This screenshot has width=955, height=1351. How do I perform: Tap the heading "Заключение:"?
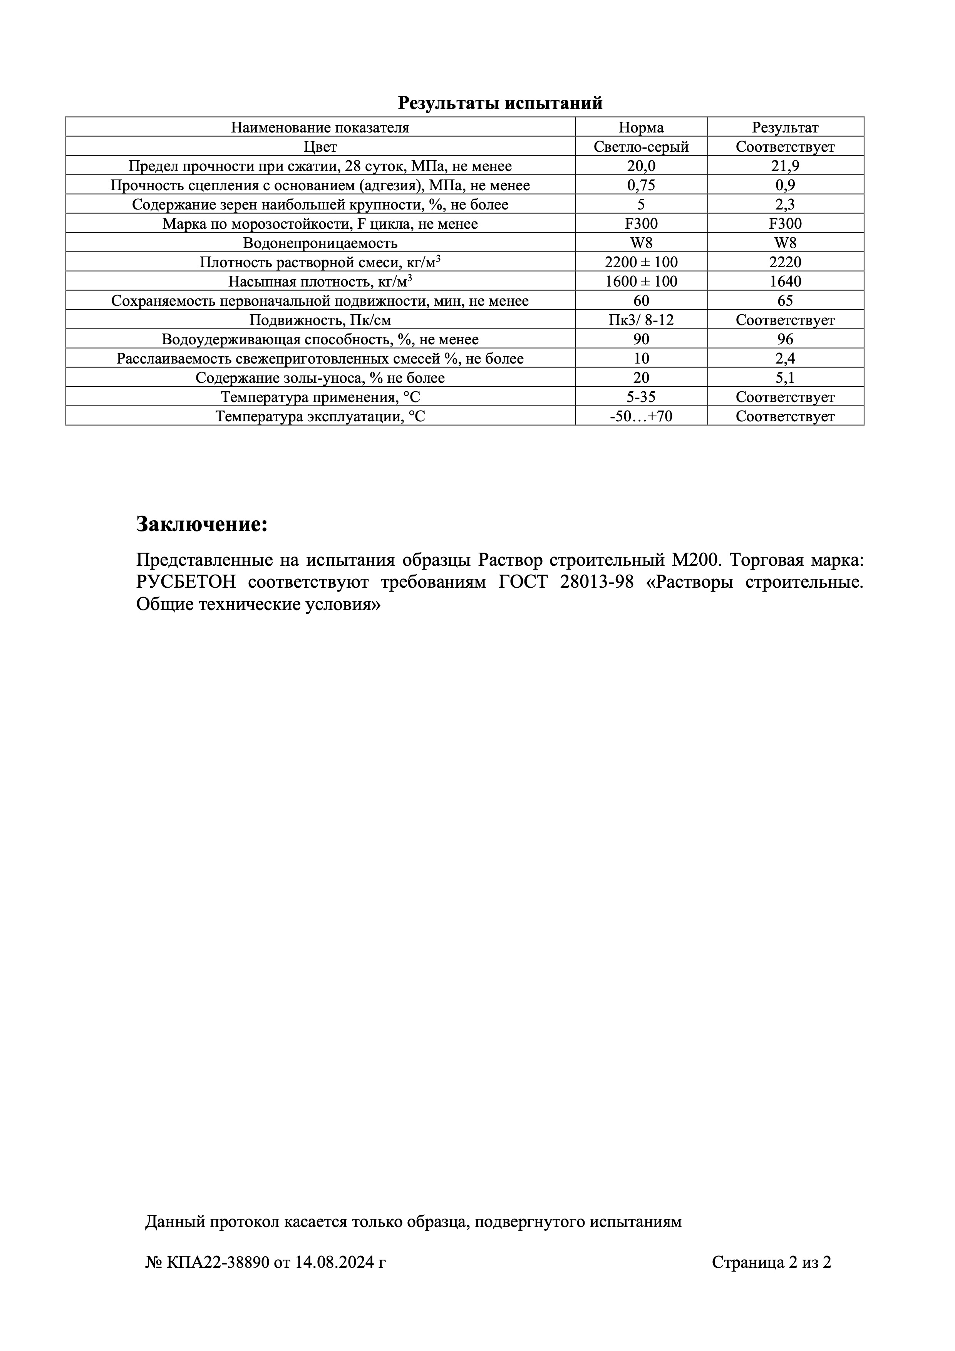(202, 524)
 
